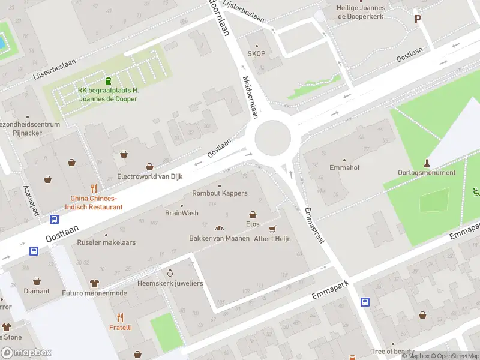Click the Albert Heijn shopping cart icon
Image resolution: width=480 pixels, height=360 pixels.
pos(273,229)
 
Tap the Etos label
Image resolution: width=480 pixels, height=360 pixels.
pos(253,224)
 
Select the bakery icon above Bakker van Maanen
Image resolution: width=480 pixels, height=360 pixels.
pos(219,228)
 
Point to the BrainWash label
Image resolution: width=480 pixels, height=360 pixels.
pos(182,213)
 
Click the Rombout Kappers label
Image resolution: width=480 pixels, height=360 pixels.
pos(219,193)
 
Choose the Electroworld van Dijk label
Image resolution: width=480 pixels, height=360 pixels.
pos(149,176)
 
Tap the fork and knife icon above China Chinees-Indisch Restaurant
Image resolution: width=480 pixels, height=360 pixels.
pos(93,188)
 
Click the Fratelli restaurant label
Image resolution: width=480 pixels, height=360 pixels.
pos(120,328)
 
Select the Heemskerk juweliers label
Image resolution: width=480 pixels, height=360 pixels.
pos(170,283)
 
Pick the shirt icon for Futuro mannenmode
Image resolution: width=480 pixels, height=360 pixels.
pos(94,283)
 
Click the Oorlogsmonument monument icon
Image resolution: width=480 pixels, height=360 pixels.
pos(427,163)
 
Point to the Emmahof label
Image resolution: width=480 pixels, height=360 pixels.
pos(344,168)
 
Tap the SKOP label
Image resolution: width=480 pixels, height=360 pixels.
pos(257,53)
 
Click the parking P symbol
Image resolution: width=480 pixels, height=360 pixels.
pos(418,19)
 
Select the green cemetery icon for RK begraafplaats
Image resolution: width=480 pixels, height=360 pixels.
pos(108,81)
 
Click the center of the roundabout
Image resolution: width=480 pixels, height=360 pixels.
pos(272,138)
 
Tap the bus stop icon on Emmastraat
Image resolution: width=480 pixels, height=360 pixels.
pos(365,302)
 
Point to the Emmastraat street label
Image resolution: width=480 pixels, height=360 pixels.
pos(314,225)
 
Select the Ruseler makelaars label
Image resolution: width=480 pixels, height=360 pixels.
pos(106,242)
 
